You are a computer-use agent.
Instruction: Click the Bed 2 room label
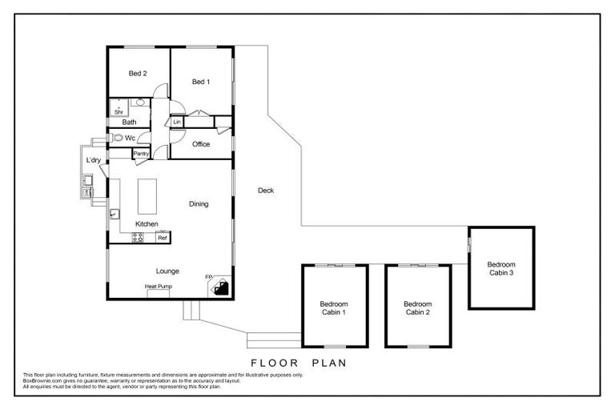pos(138,74)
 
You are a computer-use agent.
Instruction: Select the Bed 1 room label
pos(201,82)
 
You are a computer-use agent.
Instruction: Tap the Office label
pos(201,144)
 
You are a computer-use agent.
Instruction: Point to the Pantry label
pos(142,153)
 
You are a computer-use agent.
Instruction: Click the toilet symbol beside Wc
pos(117,138)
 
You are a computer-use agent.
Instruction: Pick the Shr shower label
pos(119,112)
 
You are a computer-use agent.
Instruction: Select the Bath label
pos(129,123)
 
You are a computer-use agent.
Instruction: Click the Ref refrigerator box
pos(162,238)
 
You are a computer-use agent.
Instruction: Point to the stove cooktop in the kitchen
pos(138,237)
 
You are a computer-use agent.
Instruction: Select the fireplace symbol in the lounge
pos(220,287)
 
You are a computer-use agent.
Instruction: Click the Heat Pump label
pos(158,286)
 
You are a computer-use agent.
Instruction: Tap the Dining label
pos(199,204)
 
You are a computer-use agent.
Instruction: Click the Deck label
pos(266,191)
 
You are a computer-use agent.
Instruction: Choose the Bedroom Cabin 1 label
pos(333,308)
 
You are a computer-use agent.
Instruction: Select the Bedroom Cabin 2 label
pos(417,308)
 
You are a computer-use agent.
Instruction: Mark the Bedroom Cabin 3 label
pos(500,268)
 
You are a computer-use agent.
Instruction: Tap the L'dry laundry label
pos(94,161)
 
